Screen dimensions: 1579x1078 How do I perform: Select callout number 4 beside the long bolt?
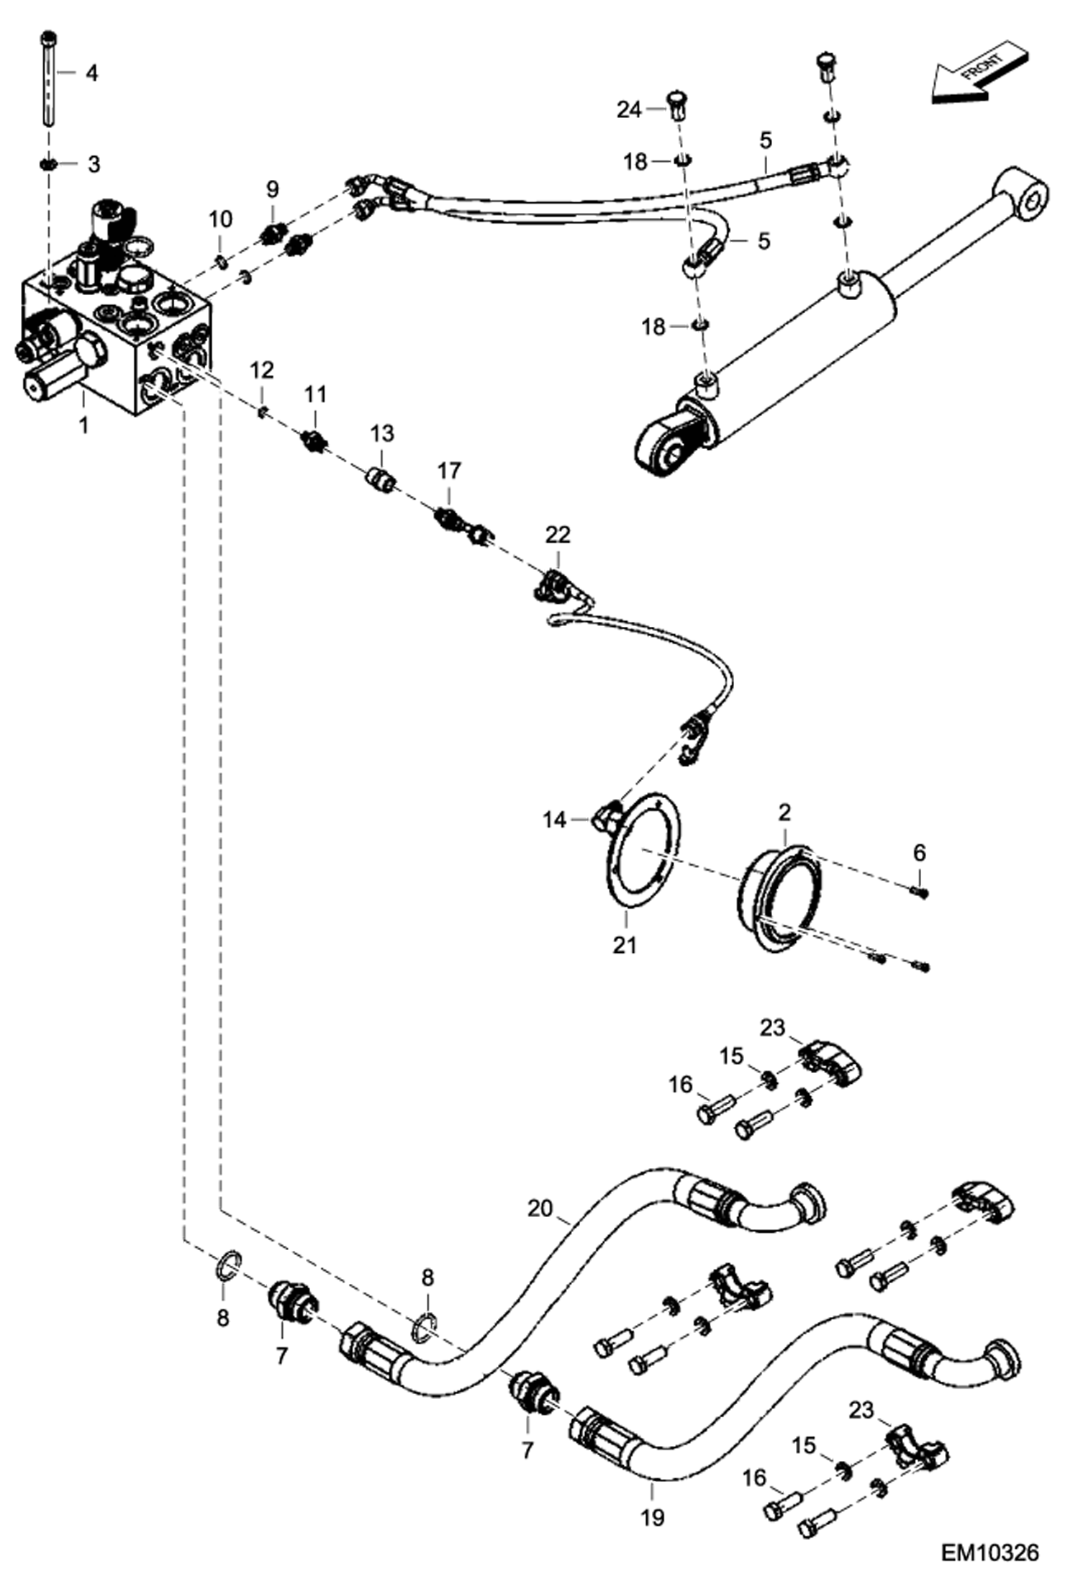tap(91, 73)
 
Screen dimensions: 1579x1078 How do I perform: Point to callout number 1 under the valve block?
tap(83, 425)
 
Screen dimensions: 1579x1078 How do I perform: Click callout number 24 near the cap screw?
tap(629, 110)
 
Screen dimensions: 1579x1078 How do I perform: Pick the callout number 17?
tap(449, 471)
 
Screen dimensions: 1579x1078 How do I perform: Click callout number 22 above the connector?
tap(558, 535)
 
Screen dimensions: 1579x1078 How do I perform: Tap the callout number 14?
tap(554, 820)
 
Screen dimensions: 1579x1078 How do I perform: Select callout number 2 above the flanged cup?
tap(784, 813)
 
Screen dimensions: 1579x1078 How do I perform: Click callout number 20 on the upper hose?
tap(540, 1208)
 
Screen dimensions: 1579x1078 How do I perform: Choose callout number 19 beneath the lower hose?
tap(652, 1518)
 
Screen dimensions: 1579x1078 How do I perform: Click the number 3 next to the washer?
tap(94, 164)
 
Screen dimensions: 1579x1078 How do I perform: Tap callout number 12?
tap(262, 371)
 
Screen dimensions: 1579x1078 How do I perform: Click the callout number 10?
tap(221, 219)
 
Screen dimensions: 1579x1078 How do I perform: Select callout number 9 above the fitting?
tap(272, 189)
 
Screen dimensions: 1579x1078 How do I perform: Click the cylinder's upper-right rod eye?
tap(1022, 196)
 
